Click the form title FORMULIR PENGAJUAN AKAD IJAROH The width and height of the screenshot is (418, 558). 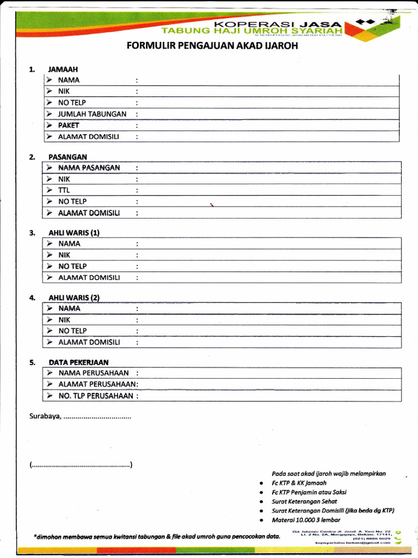212,46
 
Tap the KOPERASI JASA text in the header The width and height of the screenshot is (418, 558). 278,24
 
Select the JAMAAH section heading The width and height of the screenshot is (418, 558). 63,69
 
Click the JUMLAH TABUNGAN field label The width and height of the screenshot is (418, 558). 92,114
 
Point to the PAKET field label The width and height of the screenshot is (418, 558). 69,125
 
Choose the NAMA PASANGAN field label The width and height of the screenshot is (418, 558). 89,168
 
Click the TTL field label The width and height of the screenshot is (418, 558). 64,190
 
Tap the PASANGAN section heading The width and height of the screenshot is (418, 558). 67,157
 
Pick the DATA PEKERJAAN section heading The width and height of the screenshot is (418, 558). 78,362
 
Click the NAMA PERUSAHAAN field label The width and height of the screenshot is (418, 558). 94,373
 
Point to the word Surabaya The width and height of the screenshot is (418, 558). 45,417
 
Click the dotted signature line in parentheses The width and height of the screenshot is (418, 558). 81,465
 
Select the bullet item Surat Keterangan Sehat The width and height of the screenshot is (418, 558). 304,501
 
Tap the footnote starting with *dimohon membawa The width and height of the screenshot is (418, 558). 157,537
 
